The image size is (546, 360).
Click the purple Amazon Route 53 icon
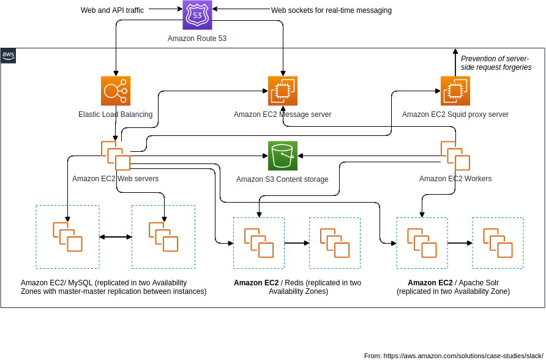click(197, 15)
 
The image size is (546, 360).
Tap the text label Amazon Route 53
click(197, 39)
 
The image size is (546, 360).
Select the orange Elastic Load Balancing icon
click(116, 91)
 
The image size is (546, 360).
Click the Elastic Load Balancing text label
click(116, 114)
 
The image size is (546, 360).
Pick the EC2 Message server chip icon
click(283, 91)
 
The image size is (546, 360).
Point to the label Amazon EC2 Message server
click(282, 114)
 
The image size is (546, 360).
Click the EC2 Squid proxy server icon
click(455, 91)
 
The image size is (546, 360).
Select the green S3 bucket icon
click(283, 156)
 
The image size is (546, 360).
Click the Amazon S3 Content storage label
click(282, 179)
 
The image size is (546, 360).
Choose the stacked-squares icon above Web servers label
click(116, 156)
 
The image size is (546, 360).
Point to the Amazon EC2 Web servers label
click(115, 179)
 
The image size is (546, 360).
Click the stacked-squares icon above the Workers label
click(455, 156)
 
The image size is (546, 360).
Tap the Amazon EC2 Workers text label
click(455, 179)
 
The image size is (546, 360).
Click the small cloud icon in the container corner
click(8, 56)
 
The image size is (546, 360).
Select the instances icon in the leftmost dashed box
click(67, 237)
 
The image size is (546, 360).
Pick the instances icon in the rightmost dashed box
click(498, 243)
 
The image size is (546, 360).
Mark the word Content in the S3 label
click(290, 179)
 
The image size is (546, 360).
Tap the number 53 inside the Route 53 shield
click(197, 15)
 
